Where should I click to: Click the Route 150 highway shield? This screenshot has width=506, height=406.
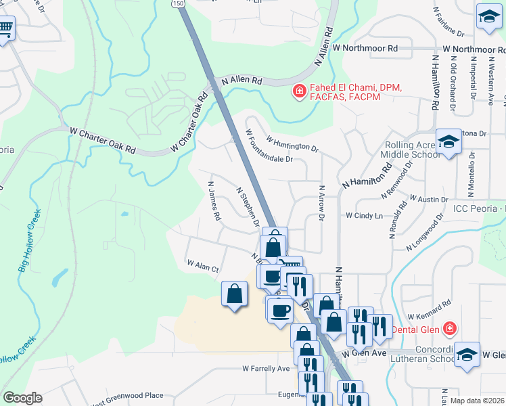pyautogui.click(x=177, y=3)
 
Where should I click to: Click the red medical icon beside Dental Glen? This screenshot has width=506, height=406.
pyautogui.click(x=448, y=330)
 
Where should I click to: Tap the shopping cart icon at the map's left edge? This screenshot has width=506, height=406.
pyautogui.click(x=5, y=28)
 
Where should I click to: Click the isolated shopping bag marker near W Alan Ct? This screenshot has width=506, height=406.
pyautogui.click(x=234, y=294)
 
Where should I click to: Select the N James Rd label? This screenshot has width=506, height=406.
pyautogui.click(x=214, y=201)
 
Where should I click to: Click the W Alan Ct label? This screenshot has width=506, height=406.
pyautogui.click(x=203, y=266)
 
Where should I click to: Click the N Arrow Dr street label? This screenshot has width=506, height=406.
pyautogui.click(x=321, y=204)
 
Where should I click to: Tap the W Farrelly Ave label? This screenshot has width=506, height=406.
pyautogui.click(x=266, y=369)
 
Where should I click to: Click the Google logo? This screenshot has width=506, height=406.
pyautogui.click(x=22, y=398)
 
